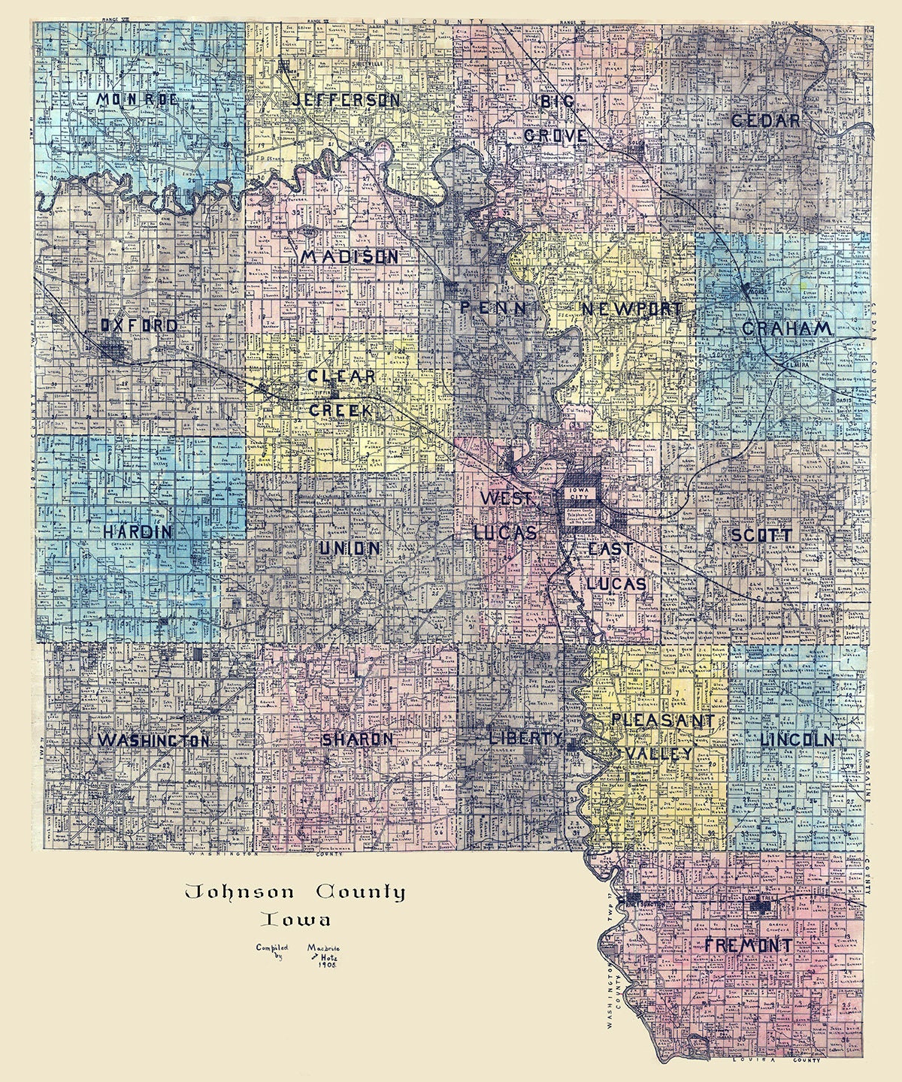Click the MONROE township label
point(137,100)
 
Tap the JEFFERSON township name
point(346,100)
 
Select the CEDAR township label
point(765,120)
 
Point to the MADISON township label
point(350,257)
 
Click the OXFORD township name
point(139,325)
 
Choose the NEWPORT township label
point(631,309)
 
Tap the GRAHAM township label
point(786,328)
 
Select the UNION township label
point(350,549)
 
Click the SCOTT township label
point(761,535)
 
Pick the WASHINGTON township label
point(153,740)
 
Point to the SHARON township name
point(358,739)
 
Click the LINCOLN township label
point(797,739)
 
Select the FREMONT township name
point(748,945)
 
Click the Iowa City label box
point(584,491)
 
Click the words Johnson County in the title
point(295,893)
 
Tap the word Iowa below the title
point(295,920)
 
